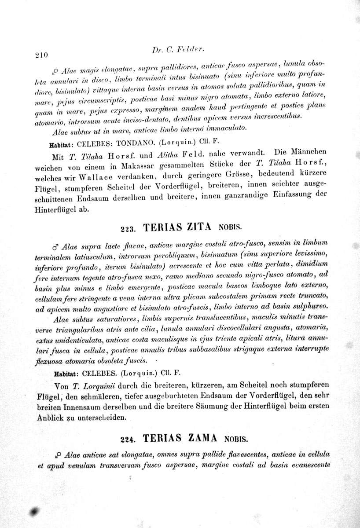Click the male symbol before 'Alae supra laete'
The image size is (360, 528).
(55, 245)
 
